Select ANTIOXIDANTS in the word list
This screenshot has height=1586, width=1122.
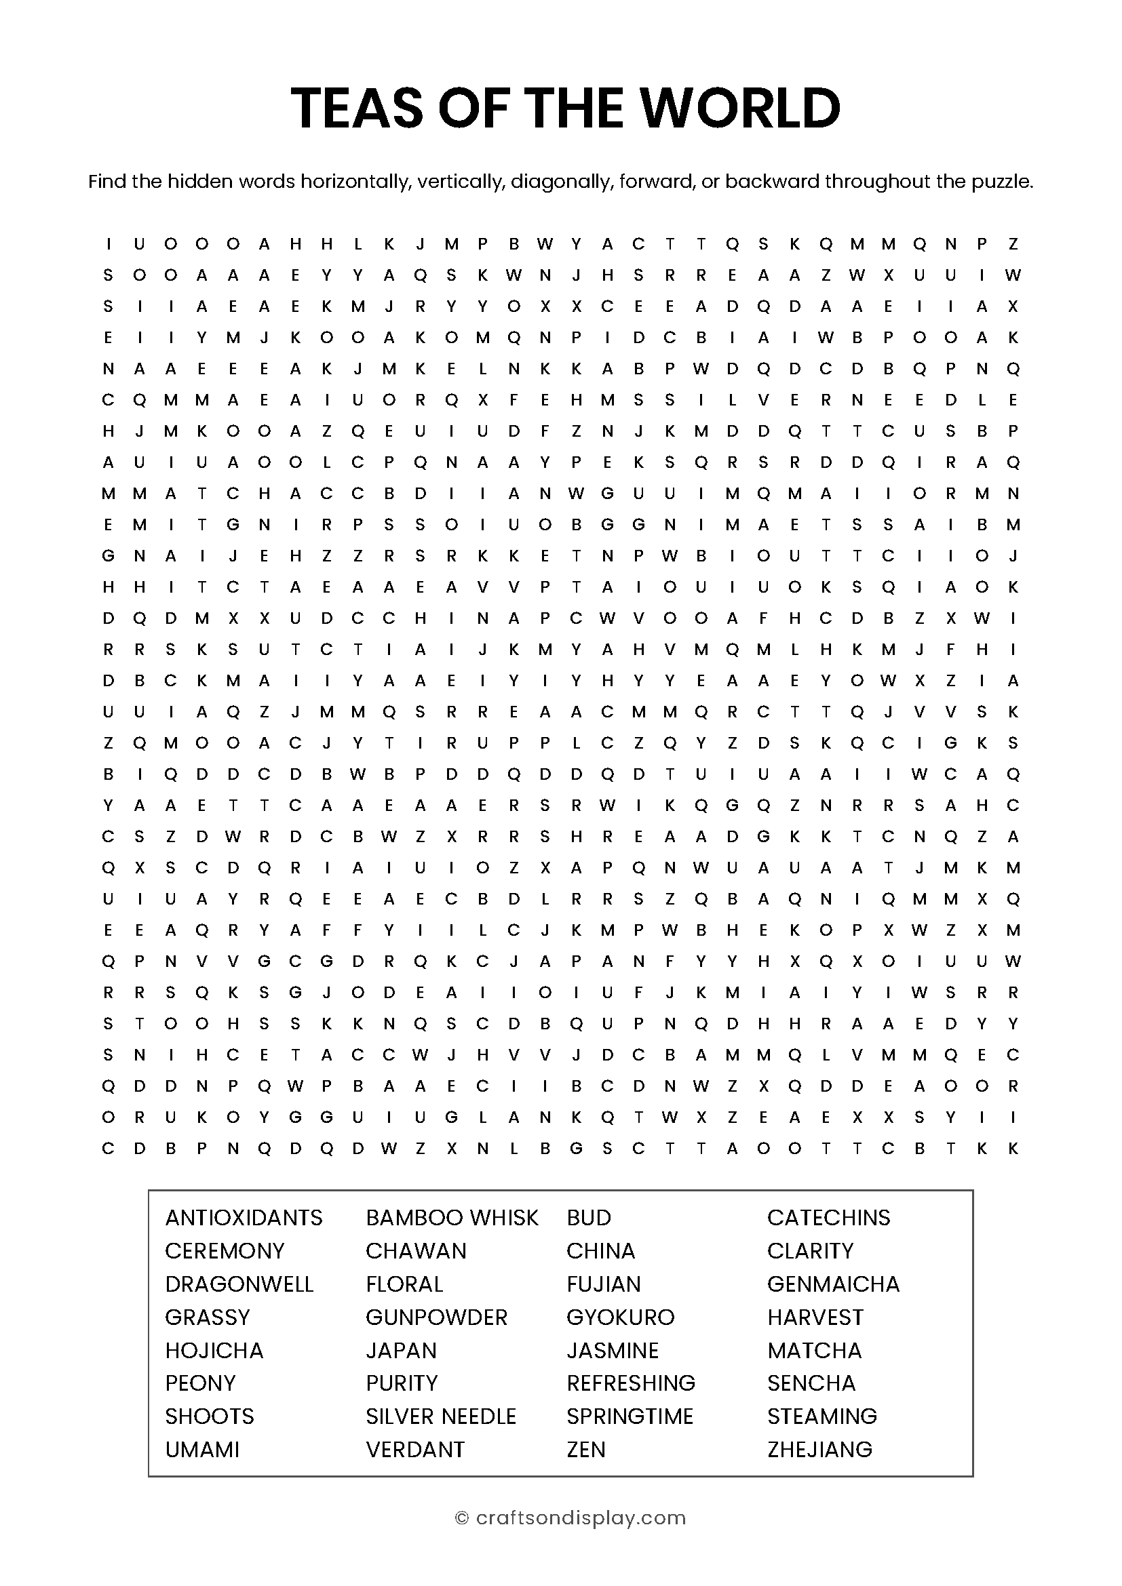[244, 1217]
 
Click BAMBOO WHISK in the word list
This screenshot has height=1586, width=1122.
[452, 1217]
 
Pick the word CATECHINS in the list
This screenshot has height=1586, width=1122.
[828, 1217]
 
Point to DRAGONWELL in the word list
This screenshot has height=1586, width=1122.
[239, 1284]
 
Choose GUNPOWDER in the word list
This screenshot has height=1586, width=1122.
[437, 1317]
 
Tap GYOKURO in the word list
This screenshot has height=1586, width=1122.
[621, 1317]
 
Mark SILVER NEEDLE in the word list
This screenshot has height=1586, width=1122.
[441, 1416]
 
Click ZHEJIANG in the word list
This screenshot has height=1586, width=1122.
[820, 1449]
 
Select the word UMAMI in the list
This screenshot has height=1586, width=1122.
[202, 1449]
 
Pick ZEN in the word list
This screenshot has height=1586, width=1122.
[586, 1449]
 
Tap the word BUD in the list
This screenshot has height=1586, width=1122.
[589, 1217]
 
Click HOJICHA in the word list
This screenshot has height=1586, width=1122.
[214, 1350]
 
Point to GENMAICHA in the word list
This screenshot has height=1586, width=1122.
[833, 1284]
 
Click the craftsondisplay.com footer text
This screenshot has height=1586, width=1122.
[581, 1518]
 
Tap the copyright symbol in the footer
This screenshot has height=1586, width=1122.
[462, 1518]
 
